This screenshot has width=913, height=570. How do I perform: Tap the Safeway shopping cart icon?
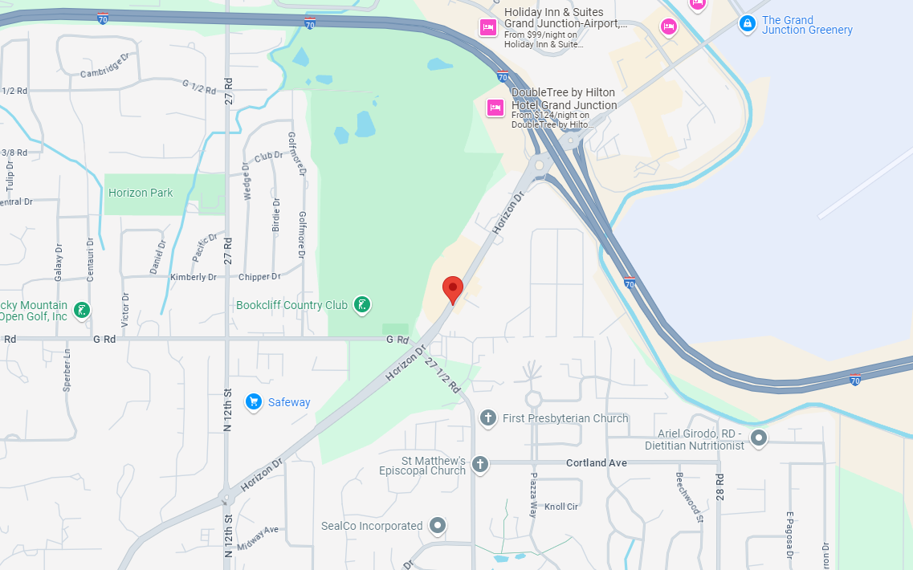pos(254,401)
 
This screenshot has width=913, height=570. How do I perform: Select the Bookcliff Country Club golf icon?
pos(363,304)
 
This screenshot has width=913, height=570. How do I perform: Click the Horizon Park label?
pos(141,193)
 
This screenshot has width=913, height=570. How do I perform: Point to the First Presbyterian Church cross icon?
pos(487,417)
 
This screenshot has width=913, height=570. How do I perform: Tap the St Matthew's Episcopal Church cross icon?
pos(480,464)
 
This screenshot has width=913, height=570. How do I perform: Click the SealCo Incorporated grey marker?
pos(438,526)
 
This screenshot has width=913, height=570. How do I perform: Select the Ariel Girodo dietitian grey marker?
pos(759,438)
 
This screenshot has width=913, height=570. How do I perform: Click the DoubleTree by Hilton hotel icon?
pos(495,107)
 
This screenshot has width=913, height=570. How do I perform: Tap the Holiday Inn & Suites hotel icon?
pos(487,28)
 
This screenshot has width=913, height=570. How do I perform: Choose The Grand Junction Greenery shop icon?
pos(748,24)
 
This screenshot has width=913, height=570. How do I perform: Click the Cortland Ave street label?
pos(596,463)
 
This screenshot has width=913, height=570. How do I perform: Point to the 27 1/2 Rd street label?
pos(442,375)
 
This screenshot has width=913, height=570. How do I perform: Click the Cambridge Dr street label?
pos(104,67)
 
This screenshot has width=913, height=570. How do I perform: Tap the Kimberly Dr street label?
pos(194,277)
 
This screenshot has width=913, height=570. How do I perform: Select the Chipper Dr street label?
pos(259,277)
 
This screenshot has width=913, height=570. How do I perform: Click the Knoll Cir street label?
pos(561,507)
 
